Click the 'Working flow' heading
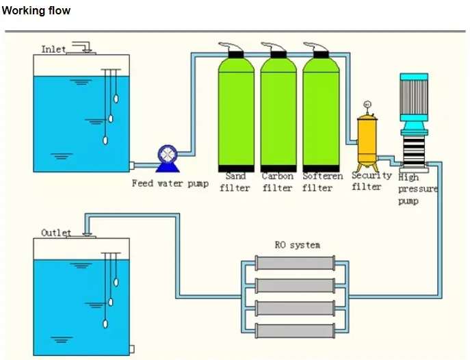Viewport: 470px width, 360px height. [x=36, y=11]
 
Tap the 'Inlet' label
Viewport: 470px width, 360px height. [x=53, y=49]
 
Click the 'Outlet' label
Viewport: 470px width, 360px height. [x=55, y=233]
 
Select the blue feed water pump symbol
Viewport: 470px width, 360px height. [x=167, y=157]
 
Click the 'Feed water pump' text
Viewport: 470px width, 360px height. [x=170, y=183]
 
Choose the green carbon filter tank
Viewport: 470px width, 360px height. [x=278, y=113]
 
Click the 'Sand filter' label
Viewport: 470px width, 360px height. [x=235, y=182]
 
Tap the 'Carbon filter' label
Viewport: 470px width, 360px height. [x=277, y=182]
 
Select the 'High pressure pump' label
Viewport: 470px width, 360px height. [x=416, y=189]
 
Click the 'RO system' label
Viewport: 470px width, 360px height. [x=297, y=244]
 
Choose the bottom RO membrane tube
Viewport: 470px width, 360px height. [x=296, y=330]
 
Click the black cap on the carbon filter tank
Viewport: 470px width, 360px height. [x=278, y=52]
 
